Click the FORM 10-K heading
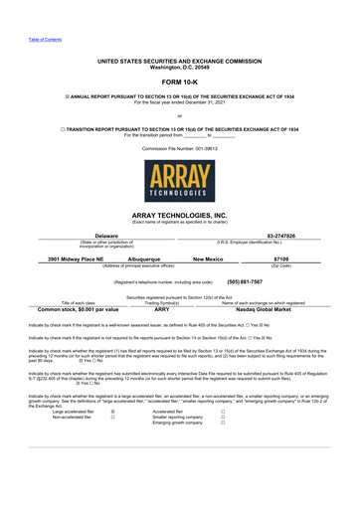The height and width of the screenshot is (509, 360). (x=179, y=81)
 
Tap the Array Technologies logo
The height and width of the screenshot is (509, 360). (x=179, y=180)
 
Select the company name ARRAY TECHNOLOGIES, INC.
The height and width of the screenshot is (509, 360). (x=179, y=214)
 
